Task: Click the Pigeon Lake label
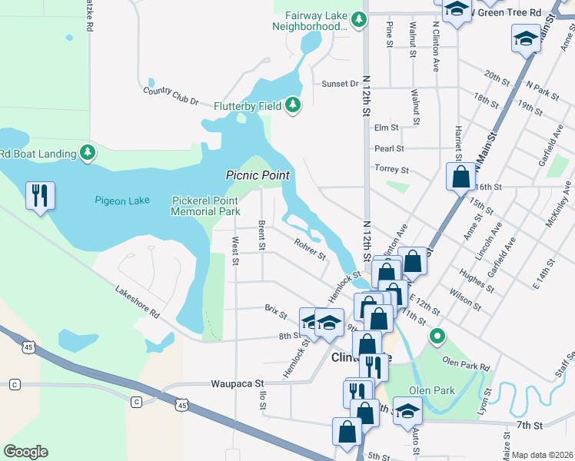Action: pos(122,201)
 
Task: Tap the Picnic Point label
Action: pos(257,175)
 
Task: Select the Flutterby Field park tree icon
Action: pos(292,104)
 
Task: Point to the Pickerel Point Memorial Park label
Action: pos(205,206)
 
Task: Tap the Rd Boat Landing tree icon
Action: pos(88,153)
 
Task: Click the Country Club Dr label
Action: pos(171,96)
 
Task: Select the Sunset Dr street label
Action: pos(340,83)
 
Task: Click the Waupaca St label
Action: pos(238,383)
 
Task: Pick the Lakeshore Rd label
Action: pos(137,303)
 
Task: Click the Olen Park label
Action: pos(432,390)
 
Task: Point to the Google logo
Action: pos(25,452)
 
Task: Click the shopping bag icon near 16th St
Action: pos(460,176)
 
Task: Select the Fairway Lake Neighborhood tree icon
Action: pos(358,19)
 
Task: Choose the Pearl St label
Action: pos(389,148)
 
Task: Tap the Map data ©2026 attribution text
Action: pos(542,455)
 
